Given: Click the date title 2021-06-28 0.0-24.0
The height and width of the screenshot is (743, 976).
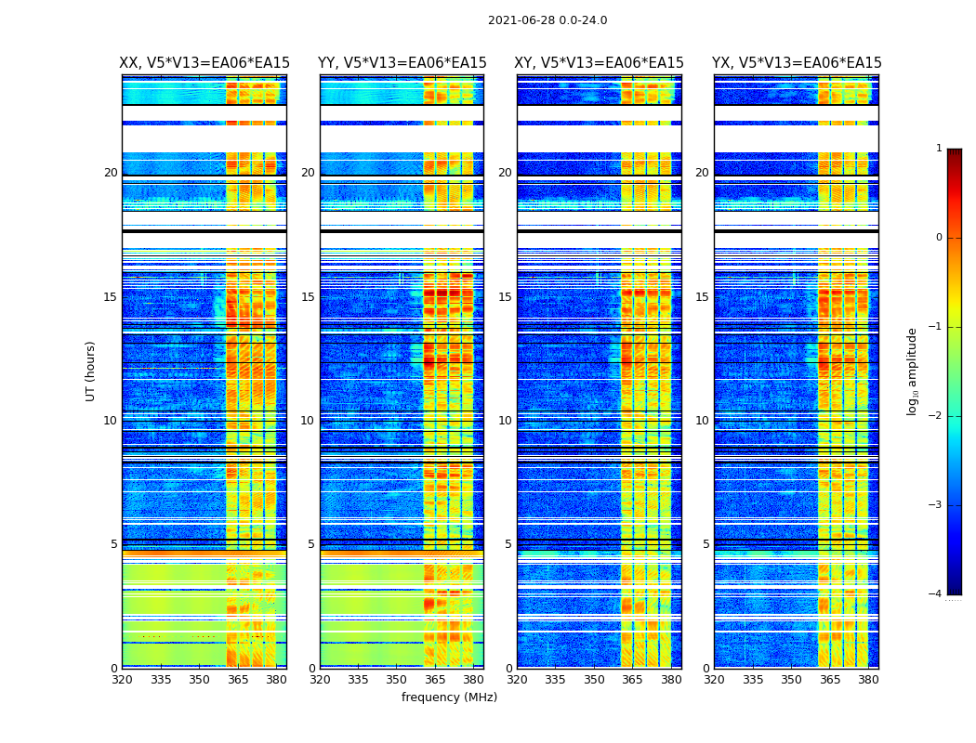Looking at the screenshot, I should (x=547, y=20).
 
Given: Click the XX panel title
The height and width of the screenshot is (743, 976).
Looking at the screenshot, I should (x=204, y=63).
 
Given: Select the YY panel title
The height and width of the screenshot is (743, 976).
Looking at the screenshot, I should (x=402, y=63).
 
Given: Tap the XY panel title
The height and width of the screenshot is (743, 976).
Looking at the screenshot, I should (x=599, y=63).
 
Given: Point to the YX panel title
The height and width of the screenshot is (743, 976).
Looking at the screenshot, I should (x=797, y=63).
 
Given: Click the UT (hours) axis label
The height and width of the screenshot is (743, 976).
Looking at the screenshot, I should (x=90, y=371).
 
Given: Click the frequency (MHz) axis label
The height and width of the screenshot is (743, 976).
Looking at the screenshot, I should (x=449, y=697).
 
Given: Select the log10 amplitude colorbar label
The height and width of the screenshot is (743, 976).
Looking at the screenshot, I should (x=913, y=371).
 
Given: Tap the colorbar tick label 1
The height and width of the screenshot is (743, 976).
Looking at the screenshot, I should (x=939, y=149).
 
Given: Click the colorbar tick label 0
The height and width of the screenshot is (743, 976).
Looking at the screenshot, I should (x=939, y=238).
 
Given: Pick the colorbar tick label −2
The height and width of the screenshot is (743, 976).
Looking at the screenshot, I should (x=936, y=416).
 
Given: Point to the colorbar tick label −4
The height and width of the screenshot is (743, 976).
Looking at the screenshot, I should (x=936, y=594).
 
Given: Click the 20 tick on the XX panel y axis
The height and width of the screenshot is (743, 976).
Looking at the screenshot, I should (x=111, y=173).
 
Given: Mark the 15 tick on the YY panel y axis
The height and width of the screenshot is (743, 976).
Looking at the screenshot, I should (x=308, y=297).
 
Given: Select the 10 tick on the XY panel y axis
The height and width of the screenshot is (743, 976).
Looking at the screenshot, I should (x=505, y=421).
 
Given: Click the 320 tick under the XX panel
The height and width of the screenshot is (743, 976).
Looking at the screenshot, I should (x=122, y=680).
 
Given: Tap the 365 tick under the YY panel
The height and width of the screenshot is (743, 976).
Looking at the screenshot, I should (x=435, y=680).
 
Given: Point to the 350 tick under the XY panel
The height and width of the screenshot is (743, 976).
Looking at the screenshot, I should (x=594, y=680).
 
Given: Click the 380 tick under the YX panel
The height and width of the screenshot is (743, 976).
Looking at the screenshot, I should (x=868, y=680).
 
